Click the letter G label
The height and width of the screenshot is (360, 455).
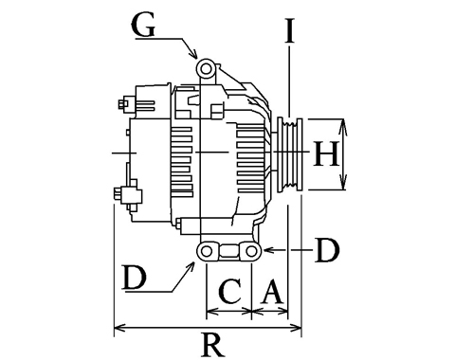click(144, 26)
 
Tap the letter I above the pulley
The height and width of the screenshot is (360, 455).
click(289, 30)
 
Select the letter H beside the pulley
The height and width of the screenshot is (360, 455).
click(326, 153)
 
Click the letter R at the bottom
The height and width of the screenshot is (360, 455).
click(213, 345)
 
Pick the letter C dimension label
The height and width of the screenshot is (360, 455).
click(230, 291)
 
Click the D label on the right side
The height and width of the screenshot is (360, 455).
click(327, 250)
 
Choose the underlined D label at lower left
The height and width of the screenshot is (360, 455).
click(135, 278)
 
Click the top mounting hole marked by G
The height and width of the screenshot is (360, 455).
click(206, 68)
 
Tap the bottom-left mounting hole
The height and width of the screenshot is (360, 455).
click(207, 251)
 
